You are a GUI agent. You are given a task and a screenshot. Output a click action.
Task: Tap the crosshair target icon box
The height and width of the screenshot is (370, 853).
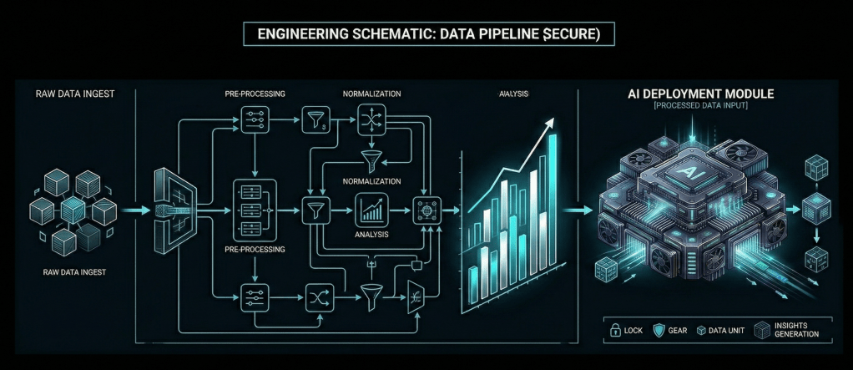click(426, 209)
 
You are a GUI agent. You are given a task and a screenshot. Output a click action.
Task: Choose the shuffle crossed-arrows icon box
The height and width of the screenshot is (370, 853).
click(318, 296)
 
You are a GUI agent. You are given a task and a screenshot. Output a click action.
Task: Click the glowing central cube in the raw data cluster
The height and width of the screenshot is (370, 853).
click(72, 209)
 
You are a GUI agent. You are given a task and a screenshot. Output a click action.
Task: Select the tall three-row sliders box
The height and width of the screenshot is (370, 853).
click(251, 209)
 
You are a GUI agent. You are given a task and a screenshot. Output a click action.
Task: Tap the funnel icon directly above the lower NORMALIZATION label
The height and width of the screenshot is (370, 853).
click(368, 159)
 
